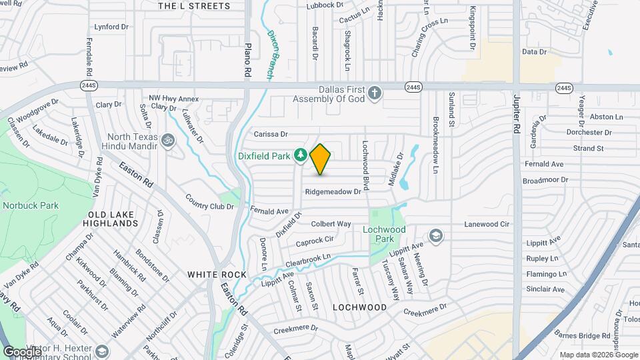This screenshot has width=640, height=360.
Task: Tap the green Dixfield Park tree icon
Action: click(x=301, y=155)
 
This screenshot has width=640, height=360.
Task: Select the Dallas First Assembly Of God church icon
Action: click(x=375, y=93)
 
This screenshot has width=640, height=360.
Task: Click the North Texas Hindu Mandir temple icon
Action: click(x=167, y=141)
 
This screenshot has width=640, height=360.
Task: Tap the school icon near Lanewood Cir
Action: click(x=435, y=235)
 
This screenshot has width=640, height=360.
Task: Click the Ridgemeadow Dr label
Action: click(x=333, y=191)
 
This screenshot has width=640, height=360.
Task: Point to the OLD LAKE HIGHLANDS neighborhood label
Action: click(x=112, y=219)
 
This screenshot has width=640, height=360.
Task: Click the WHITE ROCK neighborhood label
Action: click(x=211, y=274)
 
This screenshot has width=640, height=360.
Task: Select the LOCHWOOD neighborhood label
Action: click(x=359, y=307)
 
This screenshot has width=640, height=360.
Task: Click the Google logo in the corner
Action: click(x=22, y=351)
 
